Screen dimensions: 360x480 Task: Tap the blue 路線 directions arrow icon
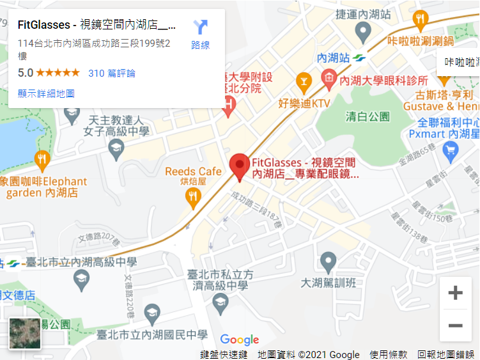200,27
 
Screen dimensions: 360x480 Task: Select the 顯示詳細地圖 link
46,93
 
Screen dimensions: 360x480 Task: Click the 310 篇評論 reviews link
112,73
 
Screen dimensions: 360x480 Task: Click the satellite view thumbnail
25,334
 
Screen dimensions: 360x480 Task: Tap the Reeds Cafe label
193,171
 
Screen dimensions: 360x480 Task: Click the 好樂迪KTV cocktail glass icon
303,81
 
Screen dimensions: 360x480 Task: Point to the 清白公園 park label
368,116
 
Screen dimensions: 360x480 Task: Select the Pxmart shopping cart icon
452,151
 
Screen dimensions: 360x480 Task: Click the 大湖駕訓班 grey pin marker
328,261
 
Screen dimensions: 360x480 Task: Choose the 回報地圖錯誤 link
445,354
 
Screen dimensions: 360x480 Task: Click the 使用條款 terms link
388,354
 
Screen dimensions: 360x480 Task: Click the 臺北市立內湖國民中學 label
151,335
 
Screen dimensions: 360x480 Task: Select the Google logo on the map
240,340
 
